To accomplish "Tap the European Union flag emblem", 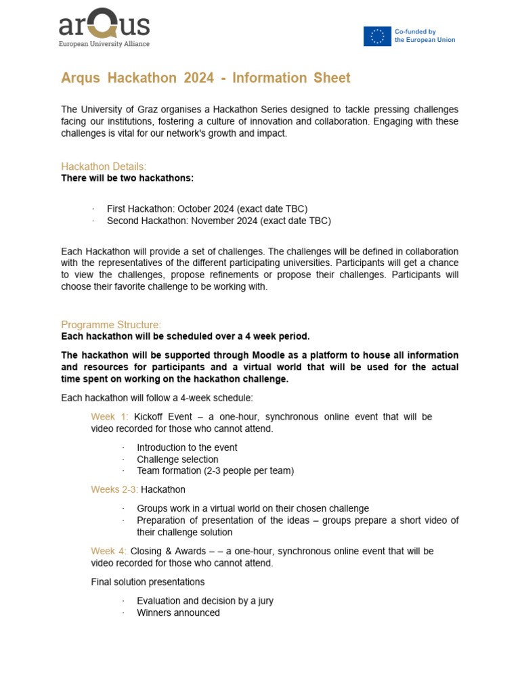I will click(377, 36).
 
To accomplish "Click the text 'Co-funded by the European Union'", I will click(425, 36).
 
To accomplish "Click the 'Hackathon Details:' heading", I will click(104, 166).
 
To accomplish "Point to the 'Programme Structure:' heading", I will click(111, 324).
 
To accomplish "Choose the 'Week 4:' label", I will click(109, 551).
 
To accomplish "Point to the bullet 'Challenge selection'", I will click(177, 460).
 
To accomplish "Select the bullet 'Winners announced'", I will click(178, 612).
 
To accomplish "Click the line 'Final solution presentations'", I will click(148, 582).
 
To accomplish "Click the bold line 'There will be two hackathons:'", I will click(127, 178).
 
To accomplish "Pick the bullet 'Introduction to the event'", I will click(187, 447).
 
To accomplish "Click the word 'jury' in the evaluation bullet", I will click(263, 601).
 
